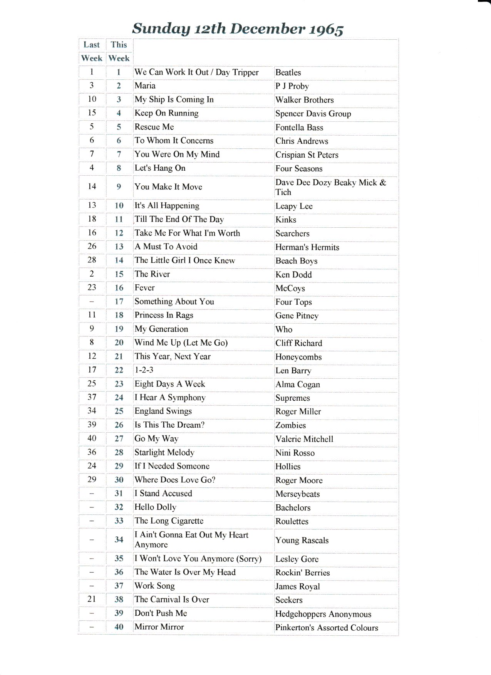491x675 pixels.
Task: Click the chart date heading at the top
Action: coord(238,29)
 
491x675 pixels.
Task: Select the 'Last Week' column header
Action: coord(92,52)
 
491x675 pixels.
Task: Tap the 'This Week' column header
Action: coord(119,52)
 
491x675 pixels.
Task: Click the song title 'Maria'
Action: coord(145,86)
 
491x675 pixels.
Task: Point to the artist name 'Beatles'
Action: coord(288,72)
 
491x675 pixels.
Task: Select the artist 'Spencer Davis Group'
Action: coord(313,114)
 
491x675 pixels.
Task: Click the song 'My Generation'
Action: coord(161,329)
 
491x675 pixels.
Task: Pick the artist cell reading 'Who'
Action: coord(284,329)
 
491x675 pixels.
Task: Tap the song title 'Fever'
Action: coord(144,288)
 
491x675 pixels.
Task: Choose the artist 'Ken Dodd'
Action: coord(293,275)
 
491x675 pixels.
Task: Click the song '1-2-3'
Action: coord(144,370)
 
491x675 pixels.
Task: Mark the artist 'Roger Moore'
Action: coord(299,480)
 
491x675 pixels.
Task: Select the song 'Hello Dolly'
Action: coord(155,507)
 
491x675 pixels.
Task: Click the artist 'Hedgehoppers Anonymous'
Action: coord(323,614)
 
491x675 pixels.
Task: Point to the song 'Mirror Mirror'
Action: coord(159,627)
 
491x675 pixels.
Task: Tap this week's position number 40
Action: coord(119,627)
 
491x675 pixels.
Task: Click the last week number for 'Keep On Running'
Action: coord(92,113)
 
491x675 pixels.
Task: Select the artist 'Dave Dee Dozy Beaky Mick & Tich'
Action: coord(330,187)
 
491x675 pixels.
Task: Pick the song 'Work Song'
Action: coord(154,586)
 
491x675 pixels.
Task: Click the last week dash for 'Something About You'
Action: coord(92,302)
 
